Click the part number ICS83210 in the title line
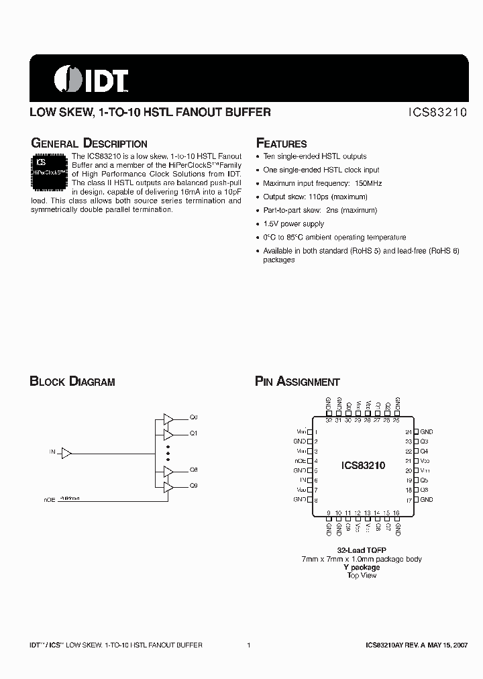coord(439,113)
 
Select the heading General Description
coord(89,144)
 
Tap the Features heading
coord(282,144)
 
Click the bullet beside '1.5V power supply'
coord(258,224)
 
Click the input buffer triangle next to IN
coord(66,454)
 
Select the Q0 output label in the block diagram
coord(194,417)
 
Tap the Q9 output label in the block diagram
coord(194,485)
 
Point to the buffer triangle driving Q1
coord(168,433)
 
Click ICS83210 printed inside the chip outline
coord(363,465)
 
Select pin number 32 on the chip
coord(328,421)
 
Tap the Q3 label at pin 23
coord(424,441)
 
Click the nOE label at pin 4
coord(300,462)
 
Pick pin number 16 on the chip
coord(396,513)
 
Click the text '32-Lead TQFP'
coord(362,550)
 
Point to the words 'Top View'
coord(362,576)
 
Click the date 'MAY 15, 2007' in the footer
coord(445,645)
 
